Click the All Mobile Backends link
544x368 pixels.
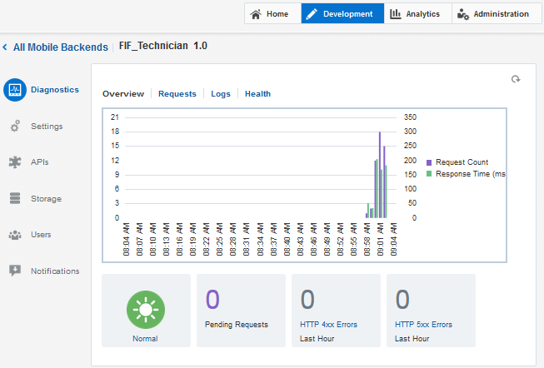(x=60, y=47)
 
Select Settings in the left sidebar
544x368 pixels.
(x=47, y=127)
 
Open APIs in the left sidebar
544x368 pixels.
(x=40, y=162)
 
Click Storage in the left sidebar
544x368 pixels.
(x=46, y=199)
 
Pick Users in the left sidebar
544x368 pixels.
(x=41, y=235)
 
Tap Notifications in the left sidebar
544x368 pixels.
(x=55, y=271)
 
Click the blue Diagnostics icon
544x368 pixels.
(x=15, y=90)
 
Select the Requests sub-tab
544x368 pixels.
(x=177, y=94)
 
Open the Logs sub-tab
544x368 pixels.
(x=221, y=94)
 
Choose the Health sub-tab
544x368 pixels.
(x=257, y=94)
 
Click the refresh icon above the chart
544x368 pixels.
(x=516, y=79)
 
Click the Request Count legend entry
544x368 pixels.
(x=461, y=162)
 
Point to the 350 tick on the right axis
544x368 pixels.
(x=409, y=117)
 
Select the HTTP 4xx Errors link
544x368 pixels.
(x=329, y=325)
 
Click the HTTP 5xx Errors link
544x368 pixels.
(x=424, y=325)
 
